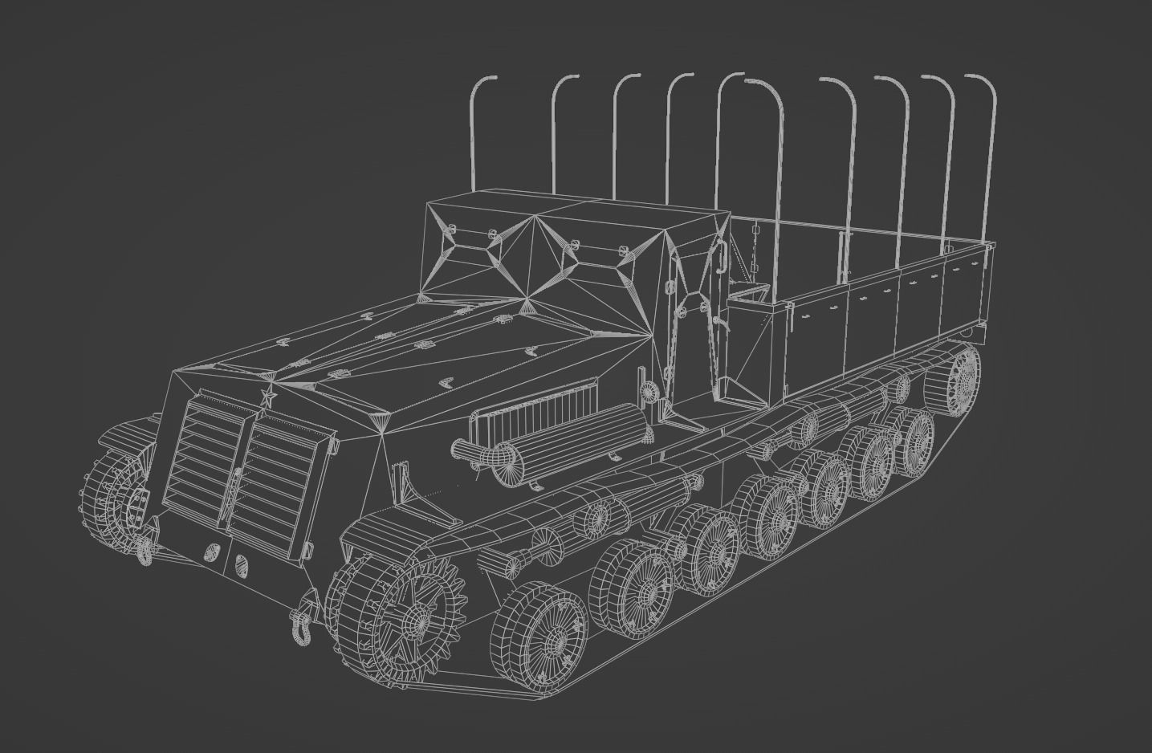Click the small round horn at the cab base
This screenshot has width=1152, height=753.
pyautogui.click(x=651, y=391)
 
